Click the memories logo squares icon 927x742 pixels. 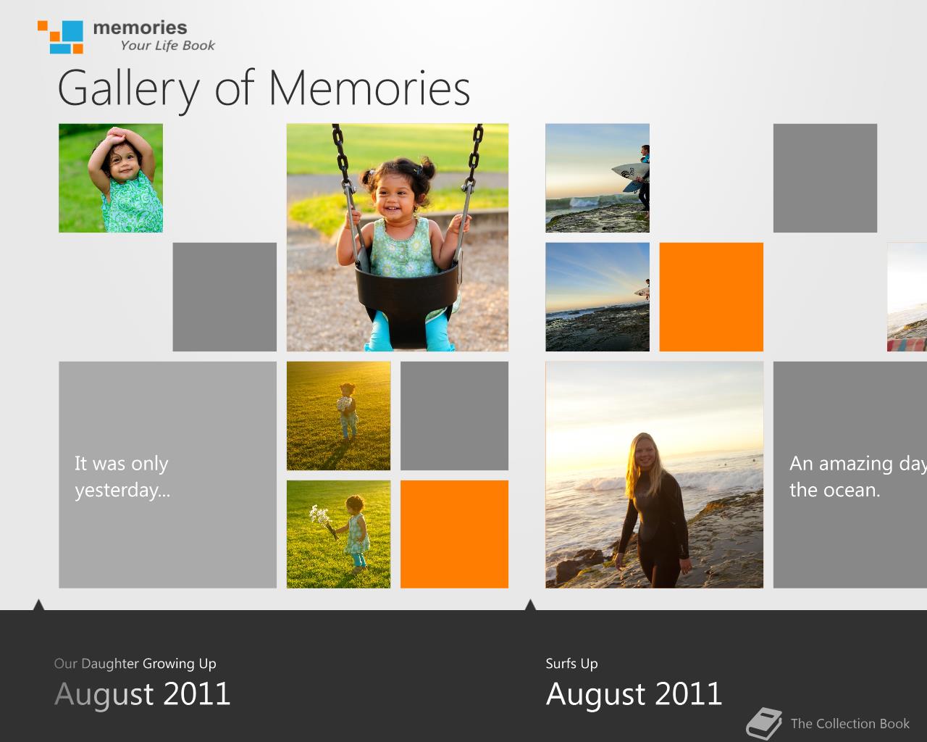(60, 37)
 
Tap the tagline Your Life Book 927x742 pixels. (167, 45)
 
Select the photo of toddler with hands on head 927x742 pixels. (111, 178)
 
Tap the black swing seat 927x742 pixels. (406, 302)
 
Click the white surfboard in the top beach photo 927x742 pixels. (629, 172)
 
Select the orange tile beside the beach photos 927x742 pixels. (711, 296)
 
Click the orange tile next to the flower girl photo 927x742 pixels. (455, 534)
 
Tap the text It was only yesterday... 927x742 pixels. (122, 477)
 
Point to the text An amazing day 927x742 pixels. (858, 464)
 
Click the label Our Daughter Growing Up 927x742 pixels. (135, 664)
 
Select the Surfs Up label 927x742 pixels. (571, 664)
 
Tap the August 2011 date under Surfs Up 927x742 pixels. (634, 694)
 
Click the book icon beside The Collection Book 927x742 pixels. (764, 723)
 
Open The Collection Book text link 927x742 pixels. (850, 723)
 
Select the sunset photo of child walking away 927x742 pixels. (339, 416)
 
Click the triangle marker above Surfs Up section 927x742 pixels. (530, 604)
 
